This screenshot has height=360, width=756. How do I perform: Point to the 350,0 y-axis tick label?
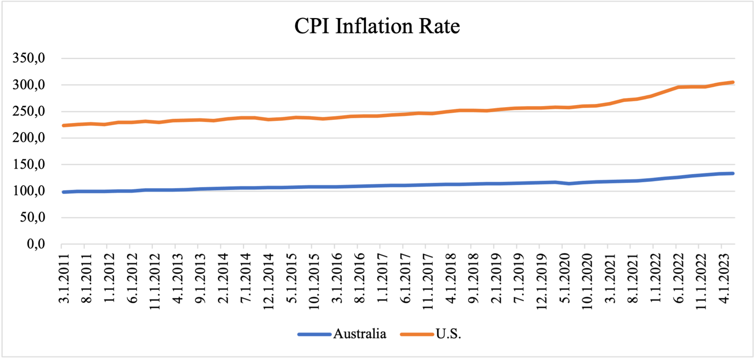point(34,58)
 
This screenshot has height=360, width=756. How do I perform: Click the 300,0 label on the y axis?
point(34,85)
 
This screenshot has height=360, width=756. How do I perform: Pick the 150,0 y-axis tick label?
point(34,165)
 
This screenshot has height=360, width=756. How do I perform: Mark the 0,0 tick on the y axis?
point(40,244)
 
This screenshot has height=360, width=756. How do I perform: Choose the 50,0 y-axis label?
point(38,218)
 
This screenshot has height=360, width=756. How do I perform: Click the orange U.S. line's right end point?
point(733,82)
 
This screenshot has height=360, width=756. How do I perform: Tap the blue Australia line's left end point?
point(63,192)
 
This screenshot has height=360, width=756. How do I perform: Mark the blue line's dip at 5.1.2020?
point(568,183)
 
